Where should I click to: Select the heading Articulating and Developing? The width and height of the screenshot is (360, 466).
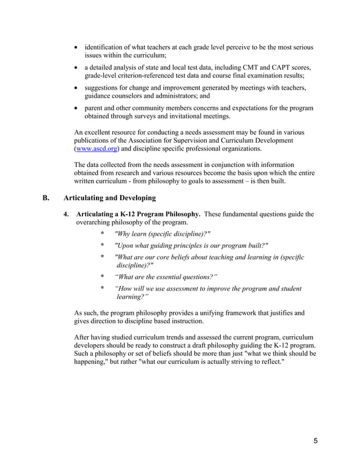[x=109, y=199]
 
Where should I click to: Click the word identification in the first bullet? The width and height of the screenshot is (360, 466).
[x=107, y=47]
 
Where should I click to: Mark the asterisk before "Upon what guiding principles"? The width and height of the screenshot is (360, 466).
[x=102, y=245]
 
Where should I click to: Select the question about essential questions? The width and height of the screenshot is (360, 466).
[x=166, y=276]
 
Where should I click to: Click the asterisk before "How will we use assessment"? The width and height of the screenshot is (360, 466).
[x=102, y=289]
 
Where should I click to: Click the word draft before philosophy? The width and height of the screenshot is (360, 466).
[x=199, y=345]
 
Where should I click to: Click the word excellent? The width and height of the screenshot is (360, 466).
[x=106, y=131]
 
